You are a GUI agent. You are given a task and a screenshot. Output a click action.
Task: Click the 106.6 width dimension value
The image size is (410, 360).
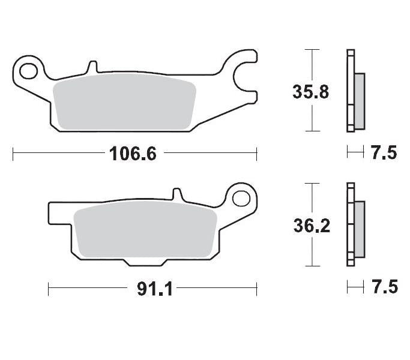point(133,154)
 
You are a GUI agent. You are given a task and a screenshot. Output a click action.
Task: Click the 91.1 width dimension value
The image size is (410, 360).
point(155,289)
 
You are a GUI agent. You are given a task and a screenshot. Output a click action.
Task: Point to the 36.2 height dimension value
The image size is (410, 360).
point(310,226)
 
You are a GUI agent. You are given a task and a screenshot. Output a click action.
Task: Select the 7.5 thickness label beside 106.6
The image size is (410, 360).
point(384,153)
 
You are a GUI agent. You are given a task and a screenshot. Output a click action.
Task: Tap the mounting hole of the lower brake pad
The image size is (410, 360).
point(243,198)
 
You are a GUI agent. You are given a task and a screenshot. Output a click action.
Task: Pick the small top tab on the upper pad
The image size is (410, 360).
point(92,67)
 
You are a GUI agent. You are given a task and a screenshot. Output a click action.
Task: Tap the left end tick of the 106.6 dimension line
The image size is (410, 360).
point(13,154)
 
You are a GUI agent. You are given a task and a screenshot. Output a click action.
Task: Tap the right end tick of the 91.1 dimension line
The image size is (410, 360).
point(256,289)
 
